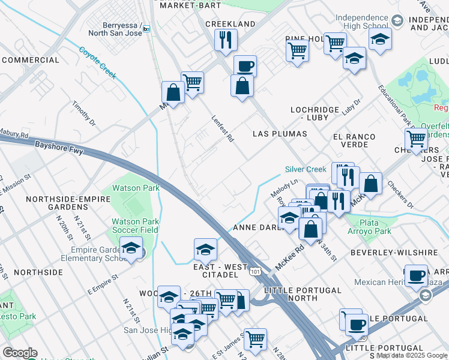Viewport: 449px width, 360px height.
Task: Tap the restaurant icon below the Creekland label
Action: coord(226,40)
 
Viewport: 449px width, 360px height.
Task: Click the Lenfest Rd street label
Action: coord(222,128)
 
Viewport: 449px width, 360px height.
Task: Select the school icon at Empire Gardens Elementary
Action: coord(130,248)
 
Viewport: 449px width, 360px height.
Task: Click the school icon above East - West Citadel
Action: coord(205,248)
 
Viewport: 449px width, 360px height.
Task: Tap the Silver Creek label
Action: coord(306,170)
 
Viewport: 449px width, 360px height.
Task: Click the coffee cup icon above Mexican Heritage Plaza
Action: coord(415,275)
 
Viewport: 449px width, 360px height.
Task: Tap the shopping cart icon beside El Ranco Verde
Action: coord(415,139)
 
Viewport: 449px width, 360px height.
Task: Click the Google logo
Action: coord(19,353)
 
